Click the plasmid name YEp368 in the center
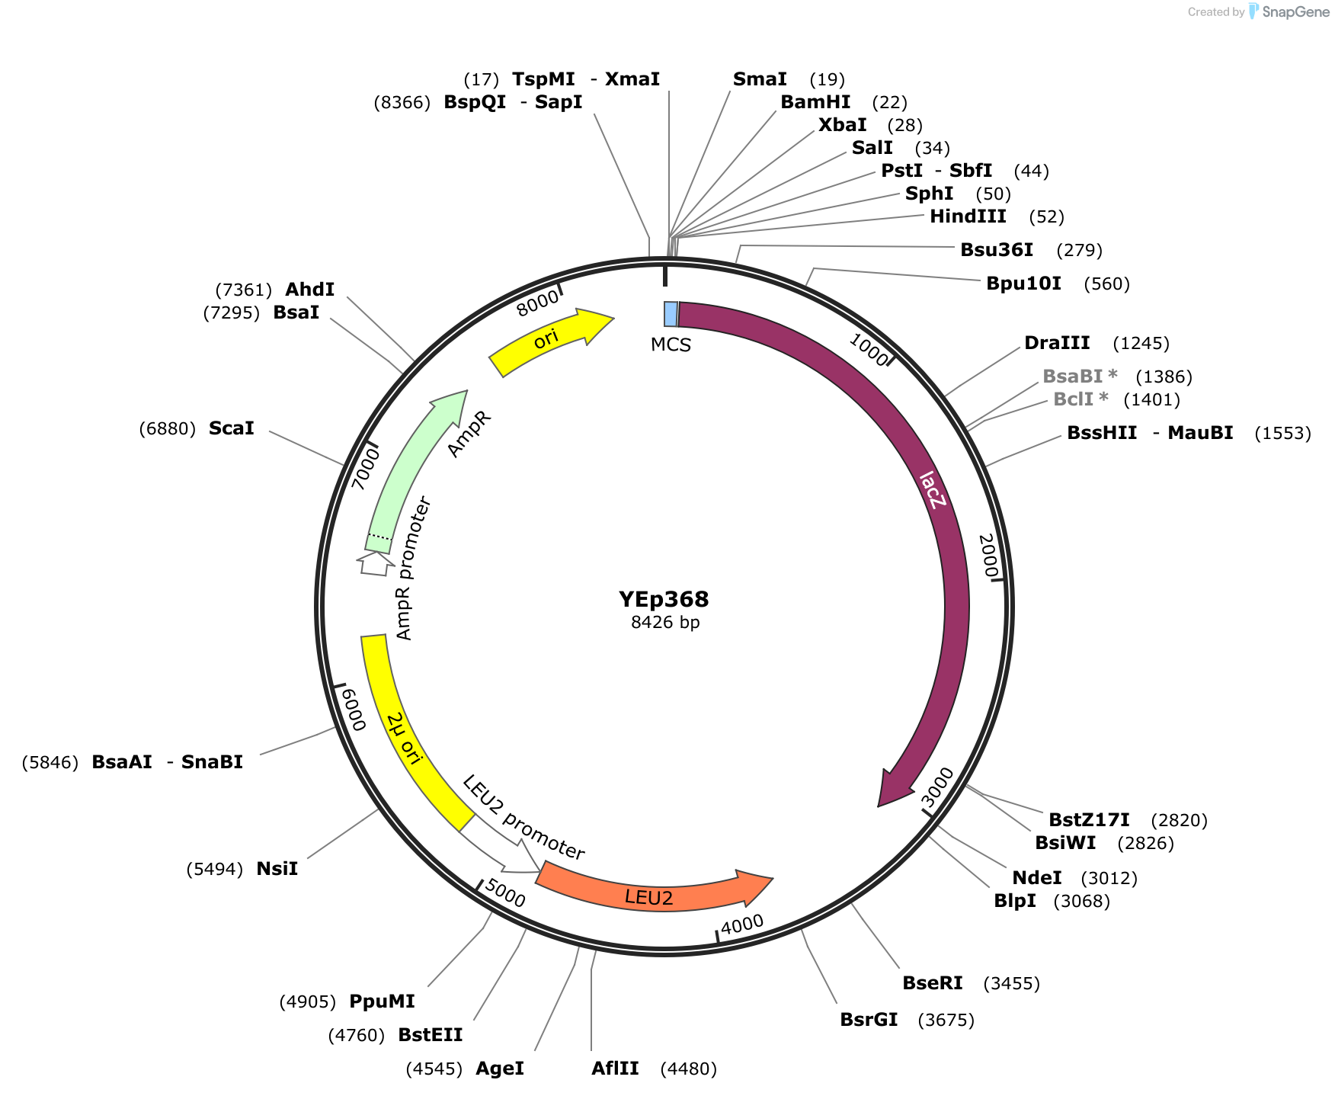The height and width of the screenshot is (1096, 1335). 664,599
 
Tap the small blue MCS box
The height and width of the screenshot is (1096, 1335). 671,314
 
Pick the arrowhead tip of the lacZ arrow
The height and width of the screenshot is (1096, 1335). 879,806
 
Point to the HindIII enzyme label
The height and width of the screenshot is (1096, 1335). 968,216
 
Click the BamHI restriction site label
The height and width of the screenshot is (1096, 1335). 815,102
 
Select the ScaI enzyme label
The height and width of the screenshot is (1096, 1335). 232,428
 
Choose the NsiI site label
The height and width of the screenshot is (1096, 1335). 277,869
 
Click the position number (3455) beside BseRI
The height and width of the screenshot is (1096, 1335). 1012,983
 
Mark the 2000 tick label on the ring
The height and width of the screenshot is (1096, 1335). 988,556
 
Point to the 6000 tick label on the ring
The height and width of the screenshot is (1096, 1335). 354,709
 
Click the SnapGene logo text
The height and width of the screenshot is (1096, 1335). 1295,11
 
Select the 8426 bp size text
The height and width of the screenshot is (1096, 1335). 665,622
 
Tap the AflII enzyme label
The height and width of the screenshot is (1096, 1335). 615,1069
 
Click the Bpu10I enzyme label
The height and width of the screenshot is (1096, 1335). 1023,284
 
